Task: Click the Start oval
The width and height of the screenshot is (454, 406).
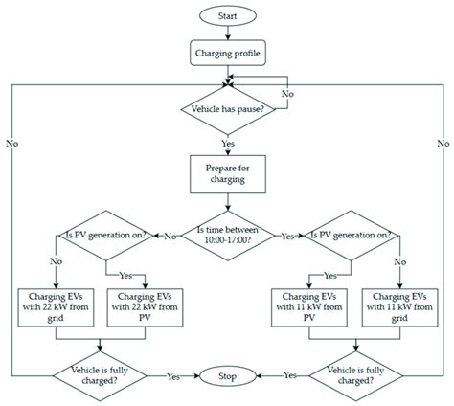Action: point(227,16)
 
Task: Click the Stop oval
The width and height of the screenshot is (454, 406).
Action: point(227,377)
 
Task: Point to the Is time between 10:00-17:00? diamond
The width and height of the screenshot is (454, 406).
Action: point(227,236)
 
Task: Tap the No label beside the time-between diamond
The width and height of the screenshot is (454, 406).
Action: point(169,236)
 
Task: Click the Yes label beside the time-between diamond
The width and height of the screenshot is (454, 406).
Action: point(285,236)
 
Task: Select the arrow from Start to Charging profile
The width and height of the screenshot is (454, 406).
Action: point(227,35)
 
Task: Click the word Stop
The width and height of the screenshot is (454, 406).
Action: point(227,377)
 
